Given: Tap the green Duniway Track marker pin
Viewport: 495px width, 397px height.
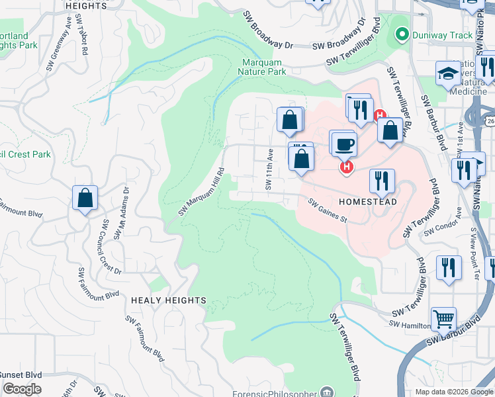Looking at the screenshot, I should (x=400, y=34).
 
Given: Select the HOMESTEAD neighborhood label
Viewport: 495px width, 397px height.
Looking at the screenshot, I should (x=368, y=202).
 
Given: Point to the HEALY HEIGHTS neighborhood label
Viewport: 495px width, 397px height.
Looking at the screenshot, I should (x=168, y=300).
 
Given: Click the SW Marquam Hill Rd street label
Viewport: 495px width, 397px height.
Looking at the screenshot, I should (x=202, y=191).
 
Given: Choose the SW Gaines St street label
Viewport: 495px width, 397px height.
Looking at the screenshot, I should (x=328, y=212).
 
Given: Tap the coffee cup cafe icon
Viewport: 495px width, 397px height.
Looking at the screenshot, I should (x=344, y=143).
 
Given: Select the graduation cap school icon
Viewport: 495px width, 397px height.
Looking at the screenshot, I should (x=448, y=73).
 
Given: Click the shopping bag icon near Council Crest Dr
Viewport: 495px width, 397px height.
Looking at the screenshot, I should (x=85, y=198).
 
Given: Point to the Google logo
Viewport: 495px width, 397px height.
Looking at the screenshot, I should (x=22, y=389).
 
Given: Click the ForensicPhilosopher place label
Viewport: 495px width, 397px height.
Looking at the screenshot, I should (x=275, y=393).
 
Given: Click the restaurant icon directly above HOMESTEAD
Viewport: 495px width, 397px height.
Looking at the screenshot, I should (x=382, y=180).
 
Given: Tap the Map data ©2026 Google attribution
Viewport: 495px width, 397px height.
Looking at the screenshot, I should (x=453, y=392).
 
